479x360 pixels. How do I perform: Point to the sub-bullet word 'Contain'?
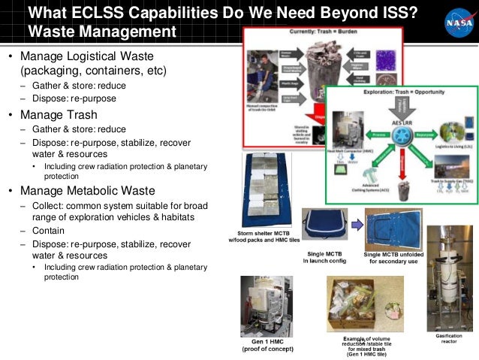(48, 231)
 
